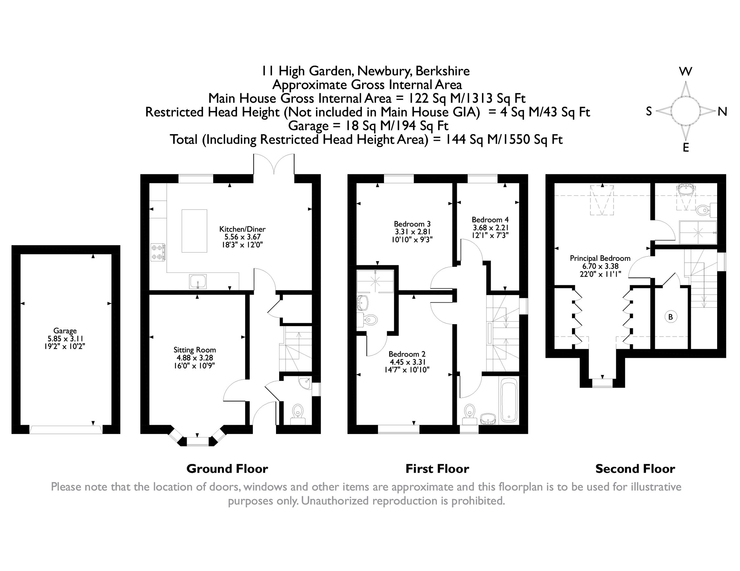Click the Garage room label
65,331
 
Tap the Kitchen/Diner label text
242,229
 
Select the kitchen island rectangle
194,231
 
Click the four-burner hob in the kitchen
158,253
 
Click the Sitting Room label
194,350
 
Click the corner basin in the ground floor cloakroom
306,383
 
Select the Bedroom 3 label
412,224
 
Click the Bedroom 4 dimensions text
490,232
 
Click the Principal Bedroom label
600,259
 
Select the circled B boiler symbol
670,317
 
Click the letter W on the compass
686,72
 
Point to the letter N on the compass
723,112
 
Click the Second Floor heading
635,469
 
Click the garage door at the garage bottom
66,430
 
